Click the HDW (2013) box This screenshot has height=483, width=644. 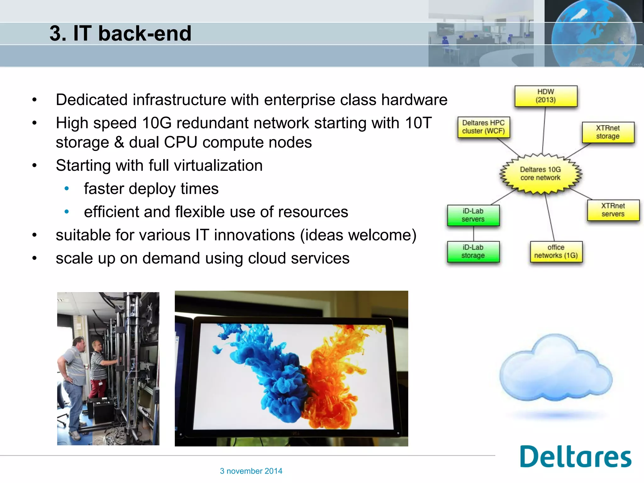(x=546, y=96)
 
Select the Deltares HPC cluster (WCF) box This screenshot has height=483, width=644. (x=483, y=127)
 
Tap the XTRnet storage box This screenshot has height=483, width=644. (x=608, y=132)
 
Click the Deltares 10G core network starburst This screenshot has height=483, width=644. (x=541, y=174)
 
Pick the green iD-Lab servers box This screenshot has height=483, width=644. (x=473, y=215)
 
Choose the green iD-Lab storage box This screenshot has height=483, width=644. (x=473, y=251)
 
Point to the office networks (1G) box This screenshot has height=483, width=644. (x=556, y=251)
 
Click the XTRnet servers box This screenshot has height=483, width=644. (x=613, y=210)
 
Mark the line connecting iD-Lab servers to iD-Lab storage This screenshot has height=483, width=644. (x=473, y=233)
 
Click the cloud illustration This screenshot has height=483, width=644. (x=556, y=371)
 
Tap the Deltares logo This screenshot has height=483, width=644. (x=575, y=457)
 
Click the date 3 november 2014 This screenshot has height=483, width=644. (x=251, y=471)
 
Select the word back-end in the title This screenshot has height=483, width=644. (x=145, y=33)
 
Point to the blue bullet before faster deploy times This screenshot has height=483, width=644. (x=67, y=189)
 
